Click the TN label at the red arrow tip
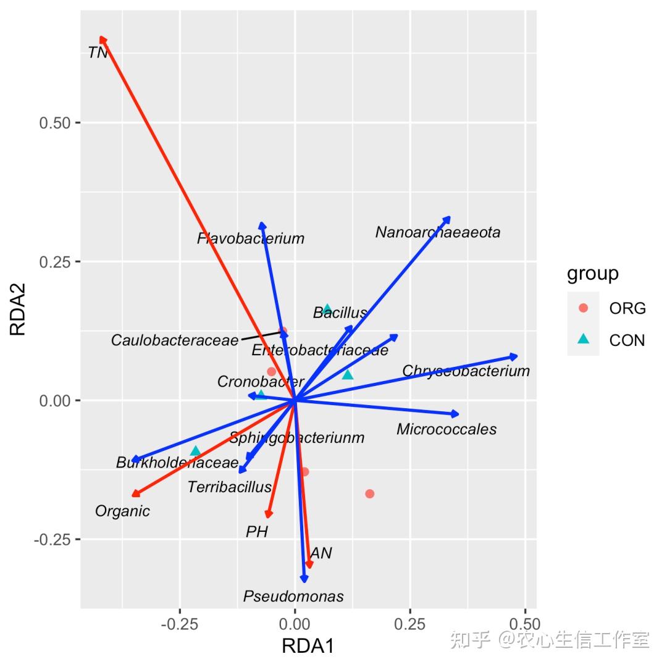pyautogui.click(x=98, y=53)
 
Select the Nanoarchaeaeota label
pyautogui.click(x=437, y=233)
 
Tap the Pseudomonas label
pyautogui.click(x=293, y=597)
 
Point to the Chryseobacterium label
pyautogui.click(x=466, y=371)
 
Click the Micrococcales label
pyautogui.click(x=447, y=429)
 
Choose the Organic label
pyautogui.click(x=122, y=511)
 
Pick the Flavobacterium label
pyautogui.click(x=251, y=238)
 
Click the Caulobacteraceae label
pyautogui.click(x=175, y=340)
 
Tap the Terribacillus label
pyautogui.click(x=229, y=487)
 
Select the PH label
pyautogui.click(x=257, y=532)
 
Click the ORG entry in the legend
pyautogui.click(x=627, y=308)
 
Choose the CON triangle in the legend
pyautogui.click(x=584, y=340)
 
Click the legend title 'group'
pyautogui.click(x=593, y=273)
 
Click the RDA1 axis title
pyautogui.click(x=308, y=647)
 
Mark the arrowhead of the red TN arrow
pyautogui.click(x=103, y=40)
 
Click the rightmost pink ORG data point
pyautogui.click(x=369, y=493)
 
